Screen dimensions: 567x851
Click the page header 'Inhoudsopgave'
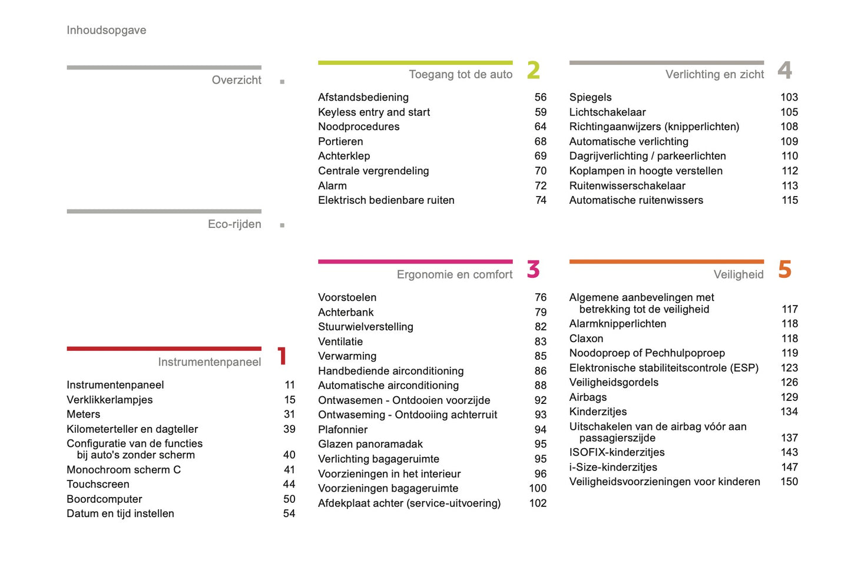tap(106, 30)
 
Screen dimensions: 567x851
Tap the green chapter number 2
tap(533, 70)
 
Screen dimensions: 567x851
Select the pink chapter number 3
tap(533, 270)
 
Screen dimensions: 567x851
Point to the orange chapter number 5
tap(784, 270)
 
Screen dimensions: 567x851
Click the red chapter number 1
tap(282, 356)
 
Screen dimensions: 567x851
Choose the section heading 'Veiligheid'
tap(738, 274)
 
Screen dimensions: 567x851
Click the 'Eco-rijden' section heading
tap(234, 224)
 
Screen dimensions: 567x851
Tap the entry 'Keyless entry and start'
tap(373, 112)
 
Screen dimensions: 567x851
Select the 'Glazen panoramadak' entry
tap(370, 444)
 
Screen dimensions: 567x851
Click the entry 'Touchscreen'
tap(98, 484)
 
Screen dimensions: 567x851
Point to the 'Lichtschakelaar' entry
tap(607, 112)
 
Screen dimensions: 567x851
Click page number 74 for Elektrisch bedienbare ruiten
tap(541, 200)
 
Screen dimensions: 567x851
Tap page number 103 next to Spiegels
tap(789, 97)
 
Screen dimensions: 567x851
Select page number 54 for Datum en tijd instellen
tap(289, 513)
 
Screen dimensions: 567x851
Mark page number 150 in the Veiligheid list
tap(789, 482)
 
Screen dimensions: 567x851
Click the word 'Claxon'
tap(586, 339)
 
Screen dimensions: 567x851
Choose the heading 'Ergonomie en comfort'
tap(454, 274)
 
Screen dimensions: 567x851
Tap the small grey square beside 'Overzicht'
tap(282, 82)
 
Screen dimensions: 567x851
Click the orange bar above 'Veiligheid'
tap(666, 261)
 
